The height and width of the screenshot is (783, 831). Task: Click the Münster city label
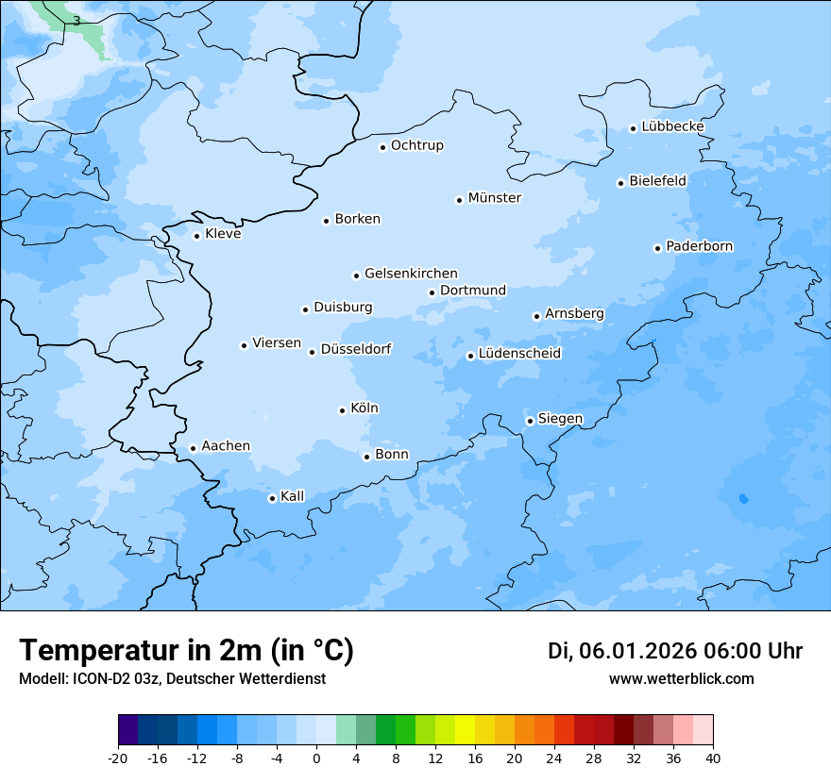pyautogui.click(x=494, y=198)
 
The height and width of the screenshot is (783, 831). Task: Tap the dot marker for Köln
pyautogui.click(x=342, y=410)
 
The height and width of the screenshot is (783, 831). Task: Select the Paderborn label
pyautogui.click(x=699, y=246)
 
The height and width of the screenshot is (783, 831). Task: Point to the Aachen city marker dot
pyautogui.click(x=193, y=449)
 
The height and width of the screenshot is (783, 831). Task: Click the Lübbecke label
pyautogui.click(x=672, y=126)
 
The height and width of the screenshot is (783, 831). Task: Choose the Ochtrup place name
pyautogui.click(x=416, y=145)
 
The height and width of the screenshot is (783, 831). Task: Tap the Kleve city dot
pyautogui.click(x=196, y=236)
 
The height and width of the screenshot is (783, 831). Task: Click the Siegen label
pyautogui.click(x=560, y=419)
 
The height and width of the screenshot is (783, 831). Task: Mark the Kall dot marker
pyautogui.click(x=272, y=498)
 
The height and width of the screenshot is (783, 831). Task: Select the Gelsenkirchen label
pyautogui.click(x=411, y=274)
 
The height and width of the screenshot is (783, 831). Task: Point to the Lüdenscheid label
pyautogui.click(x=519, y=354)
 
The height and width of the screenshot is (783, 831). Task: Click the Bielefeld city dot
pyautogui.click(x=620, y=183)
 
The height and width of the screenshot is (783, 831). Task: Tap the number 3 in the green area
pyautogui.click(x=76, y=20)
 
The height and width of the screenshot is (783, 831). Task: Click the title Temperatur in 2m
pyautogui.click(x=186, y=651)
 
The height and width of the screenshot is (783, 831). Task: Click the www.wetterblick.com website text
pyautogui.click(x=681, y=679)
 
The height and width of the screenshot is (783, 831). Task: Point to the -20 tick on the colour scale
pyautogui.click(x=118, y=758)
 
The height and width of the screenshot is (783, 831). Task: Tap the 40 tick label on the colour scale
pyautogui.click(x=712, y=758)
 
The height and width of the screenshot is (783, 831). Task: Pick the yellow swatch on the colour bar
pyautogui.click(x=465, y=730)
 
